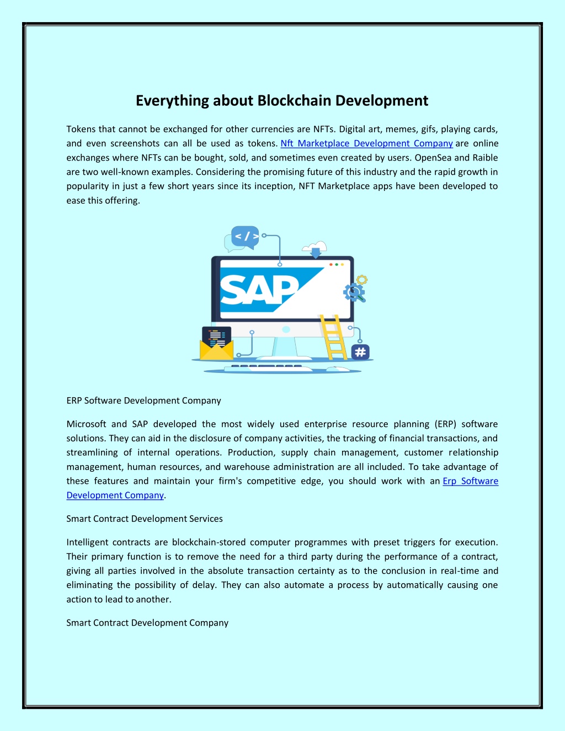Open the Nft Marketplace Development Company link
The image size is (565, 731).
click(x=366, y=143)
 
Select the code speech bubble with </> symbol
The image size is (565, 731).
click(x=245, y=237)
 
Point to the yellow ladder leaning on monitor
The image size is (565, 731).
click(x=333, y=337)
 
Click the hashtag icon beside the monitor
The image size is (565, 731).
click(x=360, y=352)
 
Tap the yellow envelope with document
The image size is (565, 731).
click(x=216, y=344)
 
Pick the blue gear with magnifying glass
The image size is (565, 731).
click(x=354, y=292)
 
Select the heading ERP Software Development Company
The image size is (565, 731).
click(x=143, y=401)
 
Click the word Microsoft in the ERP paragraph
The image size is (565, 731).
click(x=86, y=424)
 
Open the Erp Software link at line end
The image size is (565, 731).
click(x=471, y=481)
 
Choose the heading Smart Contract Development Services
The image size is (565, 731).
click(x=144, y=519)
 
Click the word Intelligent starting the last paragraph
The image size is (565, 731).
click(x=87, y=542)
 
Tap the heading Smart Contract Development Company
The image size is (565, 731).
click(x=147, y=623)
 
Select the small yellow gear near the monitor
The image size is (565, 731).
click(x=362, y=279)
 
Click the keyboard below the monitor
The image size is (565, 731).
click(x=268, y=368)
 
